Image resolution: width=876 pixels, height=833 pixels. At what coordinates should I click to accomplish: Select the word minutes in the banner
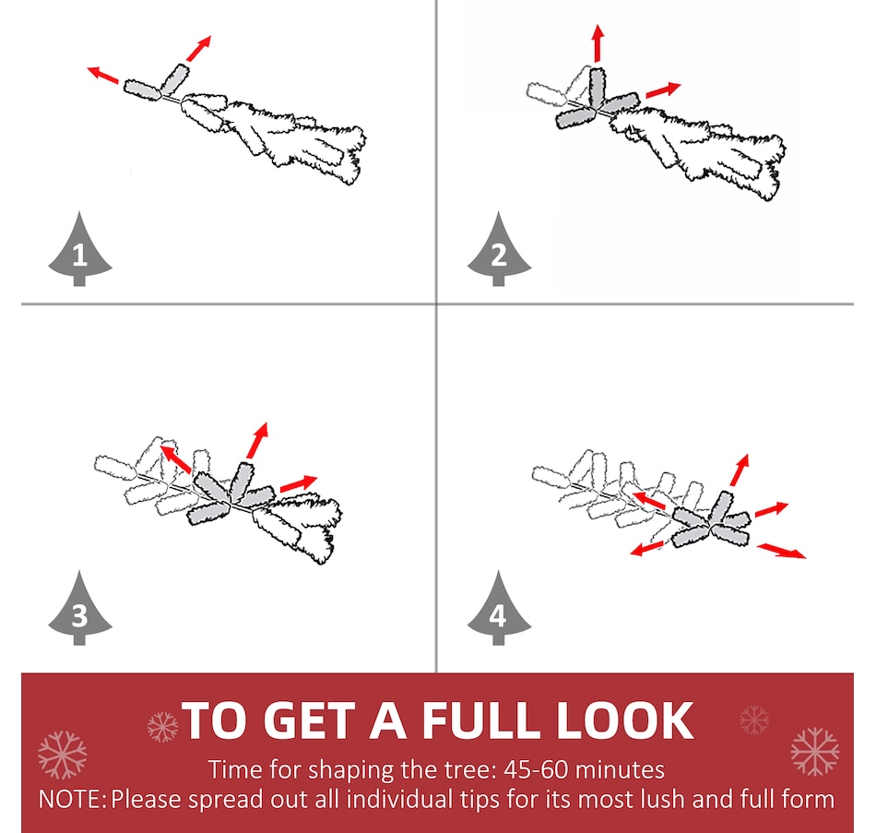point(621,770)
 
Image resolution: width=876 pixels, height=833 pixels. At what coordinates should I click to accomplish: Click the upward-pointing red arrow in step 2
point(598,43)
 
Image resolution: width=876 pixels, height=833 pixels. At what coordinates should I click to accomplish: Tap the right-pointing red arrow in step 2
point(663,89)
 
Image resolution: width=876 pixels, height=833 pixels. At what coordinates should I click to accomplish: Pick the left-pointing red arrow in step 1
point(102,75)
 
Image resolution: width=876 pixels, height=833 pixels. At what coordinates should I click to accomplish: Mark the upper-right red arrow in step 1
point(199,48)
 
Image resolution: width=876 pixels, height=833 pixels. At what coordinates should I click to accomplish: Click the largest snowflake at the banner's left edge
point(63,755)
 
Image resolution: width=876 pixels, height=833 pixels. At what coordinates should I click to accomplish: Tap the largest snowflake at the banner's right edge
point(815,752)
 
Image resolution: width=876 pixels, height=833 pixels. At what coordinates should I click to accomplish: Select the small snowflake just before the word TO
point(162,727)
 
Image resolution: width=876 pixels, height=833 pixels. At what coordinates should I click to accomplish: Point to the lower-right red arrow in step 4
point(781,550)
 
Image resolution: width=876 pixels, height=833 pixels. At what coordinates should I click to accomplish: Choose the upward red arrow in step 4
point(740,470)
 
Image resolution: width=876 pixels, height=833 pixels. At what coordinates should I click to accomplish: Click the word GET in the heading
point(308,720)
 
